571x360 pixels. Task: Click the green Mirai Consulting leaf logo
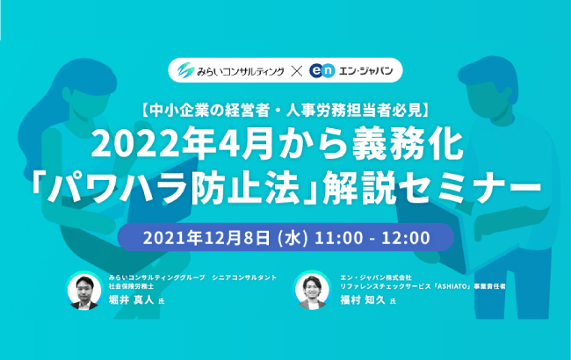tap(185, 70)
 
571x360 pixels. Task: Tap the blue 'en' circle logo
tap(322, 70)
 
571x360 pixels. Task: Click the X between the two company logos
tap(297, 70)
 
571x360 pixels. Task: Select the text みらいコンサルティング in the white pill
tap(241, 71)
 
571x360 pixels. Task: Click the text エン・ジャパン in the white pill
tap(365, 70)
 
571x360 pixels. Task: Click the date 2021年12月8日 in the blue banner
tap(206, 238)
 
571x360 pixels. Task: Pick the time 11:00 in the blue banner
tap(339, 238)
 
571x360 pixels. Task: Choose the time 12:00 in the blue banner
tap(406, 238)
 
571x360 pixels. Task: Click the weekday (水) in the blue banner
tap(293, 238)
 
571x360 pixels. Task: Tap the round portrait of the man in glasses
tap(84, 291)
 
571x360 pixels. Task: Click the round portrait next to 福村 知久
tap(312, 291)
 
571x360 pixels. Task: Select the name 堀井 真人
tap(132, 300)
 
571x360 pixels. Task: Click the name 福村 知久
tap(362, 300)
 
